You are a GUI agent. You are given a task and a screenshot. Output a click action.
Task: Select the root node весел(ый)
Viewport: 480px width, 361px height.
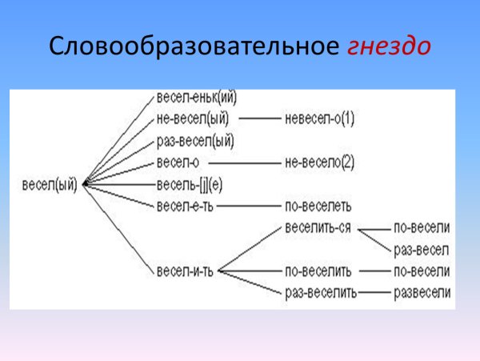[51, 184]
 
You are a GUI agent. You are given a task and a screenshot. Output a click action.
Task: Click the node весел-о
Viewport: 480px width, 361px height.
[178, 162]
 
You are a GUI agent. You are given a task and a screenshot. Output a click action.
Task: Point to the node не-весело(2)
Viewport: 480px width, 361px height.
[319, 162]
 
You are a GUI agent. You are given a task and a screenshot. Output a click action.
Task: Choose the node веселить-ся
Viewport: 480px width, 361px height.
[318, 227]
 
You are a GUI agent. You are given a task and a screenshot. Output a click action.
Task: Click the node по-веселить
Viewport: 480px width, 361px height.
[318, 270]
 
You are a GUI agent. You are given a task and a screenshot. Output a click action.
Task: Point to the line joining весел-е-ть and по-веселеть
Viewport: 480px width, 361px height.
[248, 205]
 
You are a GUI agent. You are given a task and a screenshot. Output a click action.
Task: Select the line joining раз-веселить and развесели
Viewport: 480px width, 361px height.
[374, 291]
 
